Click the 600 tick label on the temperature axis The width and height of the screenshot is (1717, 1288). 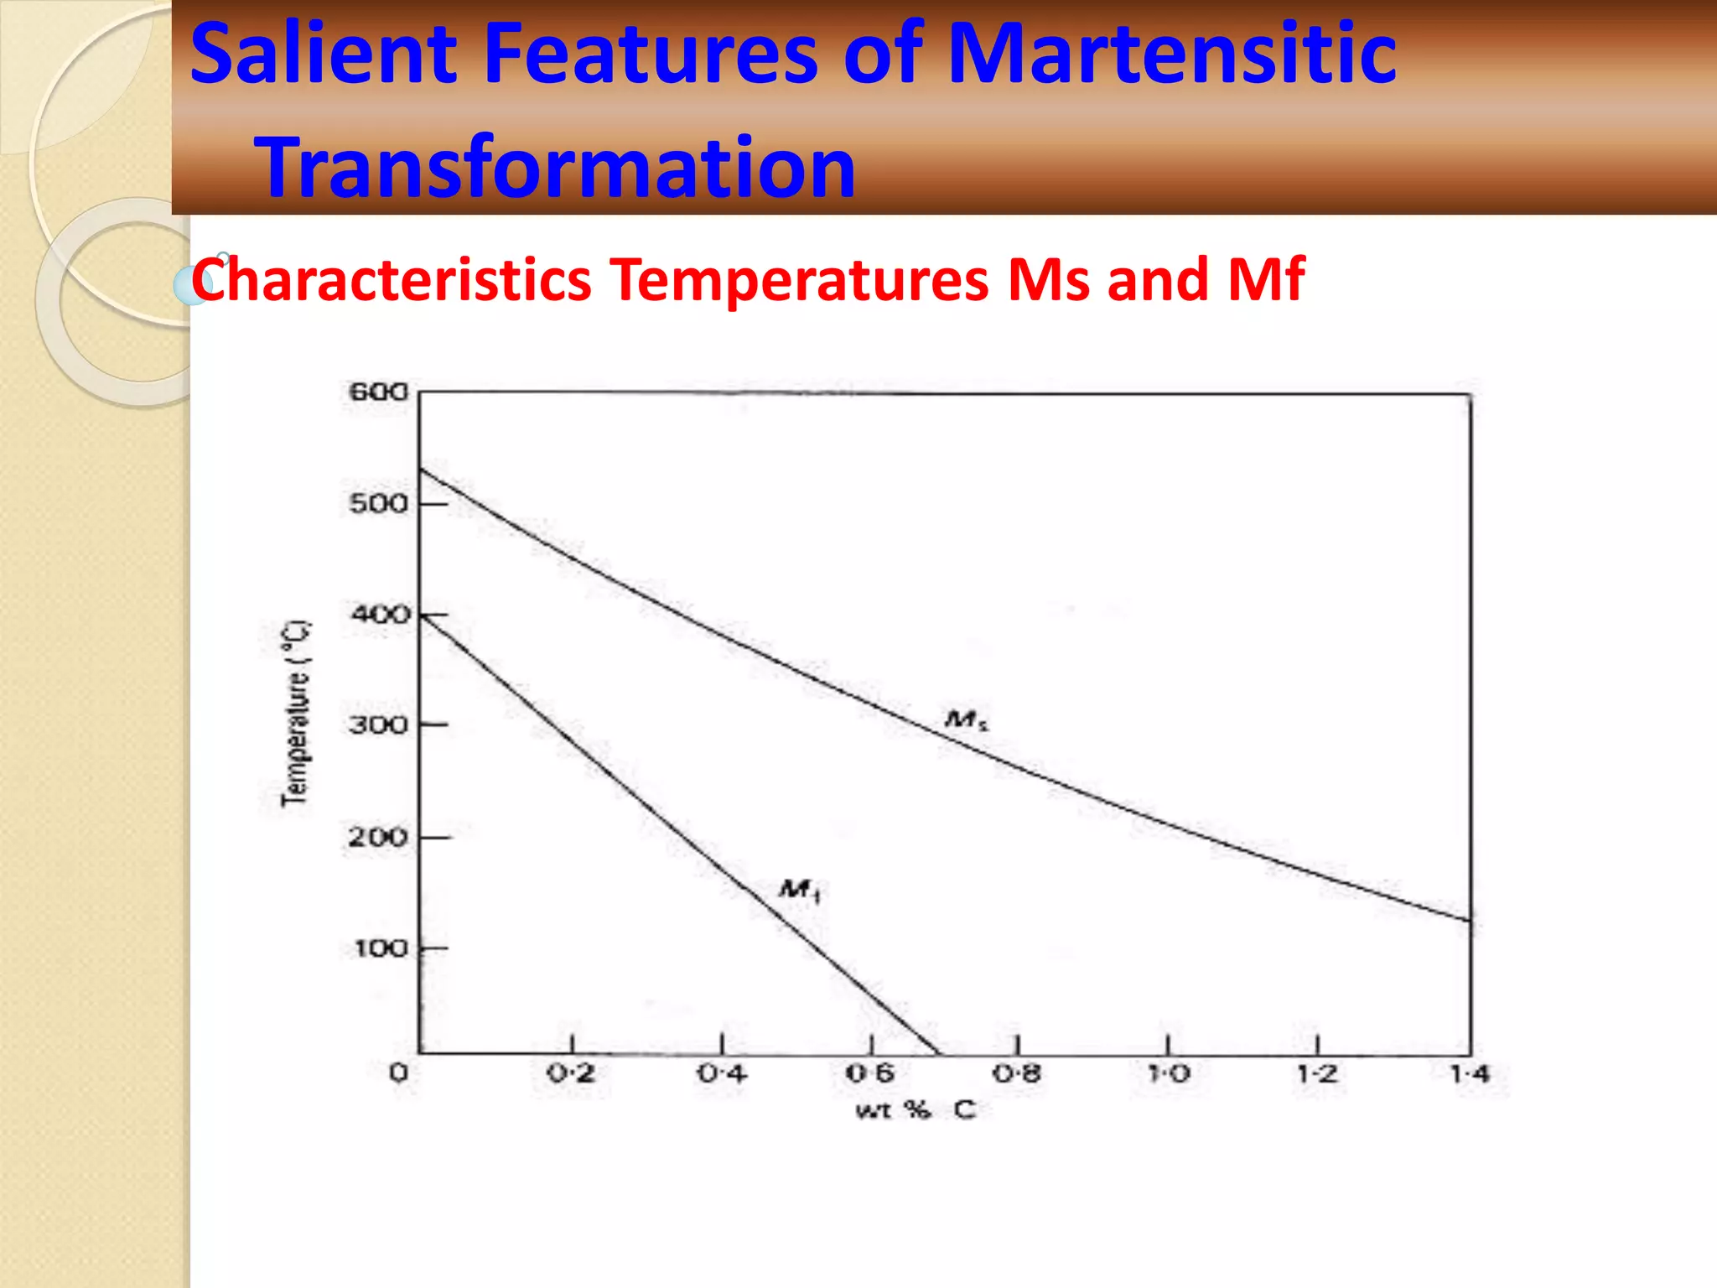pos(378,392)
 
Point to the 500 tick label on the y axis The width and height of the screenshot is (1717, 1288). pos(378,503)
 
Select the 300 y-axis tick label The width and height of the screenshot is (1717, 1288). pos(378,724)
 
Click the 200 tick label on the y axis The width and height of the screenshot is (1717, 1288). pos(378,837)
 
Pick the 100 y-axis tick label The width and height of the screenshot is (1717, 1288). pos(380,948)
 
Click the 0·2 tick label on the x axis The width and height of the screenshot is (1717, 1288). pos(571,1073)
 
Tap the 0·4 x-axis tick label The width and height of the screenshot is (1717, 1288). pos(722,1073)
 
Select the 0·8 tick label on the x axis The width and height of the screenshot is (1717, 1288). pos(1017,1073)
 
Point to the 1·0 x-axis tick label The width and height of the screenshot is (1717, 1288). pos(1168,1073)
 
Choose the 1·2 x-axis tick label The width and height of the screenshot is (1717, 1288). pos(1317,1073)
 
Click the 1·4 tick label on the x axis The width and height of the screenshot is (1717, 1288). pos(1469,1073)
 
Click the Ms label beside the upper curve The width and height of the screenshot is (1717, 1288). pos(966,719)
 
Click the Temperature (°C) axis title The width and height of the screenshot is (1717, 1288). pos(294,714)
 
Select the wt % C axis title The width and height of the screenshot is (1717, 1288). pos(915,1110)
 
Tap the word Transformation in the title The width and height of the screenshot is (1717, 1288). pos(555,168)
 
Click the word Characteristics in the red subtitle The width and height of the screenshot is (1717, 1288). pos(392,279)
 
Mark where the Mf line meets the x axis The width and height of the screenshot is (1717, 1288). pos(939,1053)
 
